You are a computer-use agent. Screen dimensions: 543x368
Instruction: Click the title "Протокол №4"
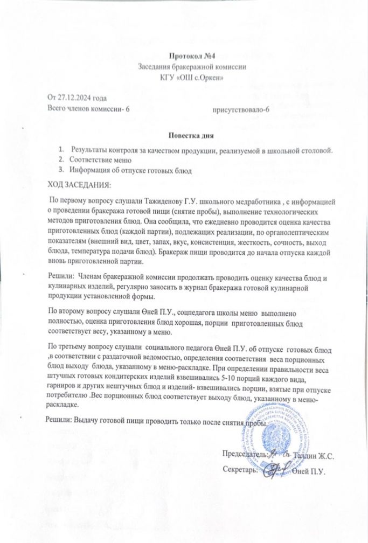(x=192, y=56)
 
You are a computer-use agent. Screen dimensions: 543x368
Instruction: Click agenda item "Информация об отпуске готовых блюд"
(x=127, y=171)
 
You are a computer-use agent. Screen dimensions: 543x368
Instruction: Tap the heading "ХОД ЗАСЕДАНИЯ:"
(x=79, y=185)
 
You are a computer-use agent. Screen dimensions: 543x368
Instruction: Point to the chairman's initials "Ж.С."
(x=327, y=456)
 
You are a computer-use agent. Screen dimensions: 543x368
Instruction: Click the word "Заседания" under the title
(x=158, y=67)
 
